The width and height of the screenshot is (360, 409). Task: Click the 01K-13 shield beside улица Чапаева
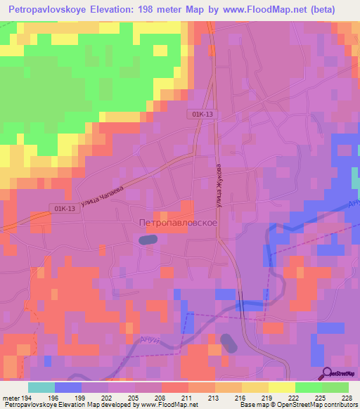(63, 208)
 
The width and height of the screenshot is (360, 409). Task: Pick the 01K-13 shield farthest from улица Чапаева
(200, 113)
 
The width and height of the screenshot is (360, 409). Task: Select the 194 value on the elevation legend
(22, 397)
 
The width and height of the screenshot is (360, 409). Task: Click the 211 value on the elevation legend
(188, 397)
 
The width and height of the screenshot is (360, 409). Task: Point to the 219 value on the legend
(268, 397)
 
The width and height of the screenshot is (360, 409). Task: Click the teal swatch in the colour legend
(41, 387)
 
